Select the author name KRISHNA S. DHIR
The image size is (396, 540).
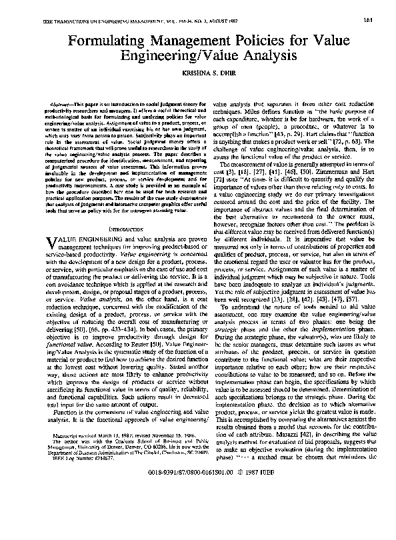(x=199, y=77)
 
